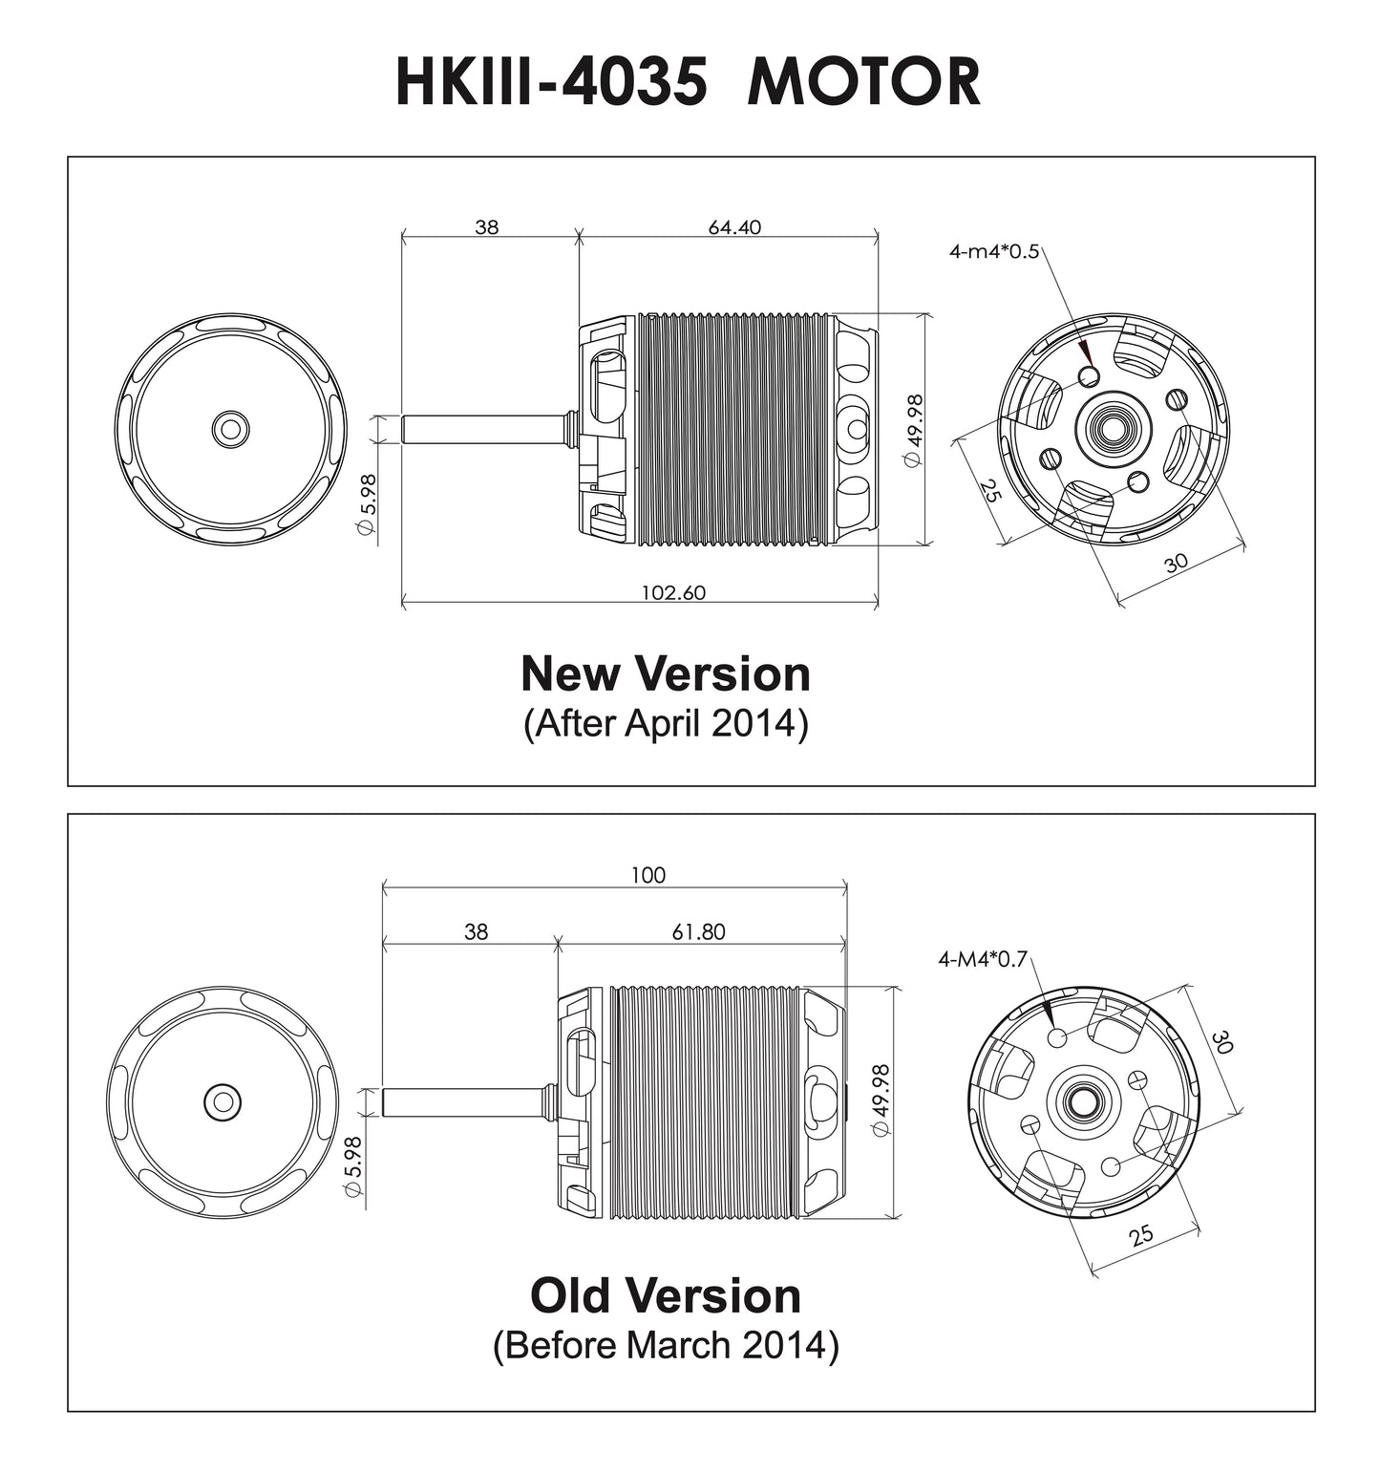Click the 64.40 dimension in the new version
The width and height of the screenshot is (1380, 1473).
click(733, 227)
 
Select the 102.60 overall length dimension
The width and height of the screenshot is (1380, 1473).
click(672, 592)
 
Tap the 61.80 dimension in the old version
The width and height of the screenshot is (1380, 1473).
click(698, 932)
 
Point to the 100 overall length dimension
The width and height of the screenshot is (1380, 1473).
click(648, 875)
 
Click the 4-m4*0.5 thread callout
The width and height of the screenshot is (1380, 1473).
click(993, 252)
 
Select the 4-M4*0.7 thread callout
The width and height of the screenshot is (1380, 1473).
click(982, 959)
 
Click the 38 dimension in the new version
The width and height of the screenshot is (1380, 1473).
click(486, 227)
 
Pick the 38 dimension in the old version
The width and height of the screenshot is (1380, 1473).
click(476, 932)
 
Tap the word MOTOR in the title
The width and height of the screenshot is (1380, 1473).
click(863, 82)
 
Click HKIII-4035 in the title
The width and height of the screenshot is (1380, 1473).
click(551, 82)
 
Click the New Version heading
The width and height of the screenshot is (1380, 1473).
click(666, 673)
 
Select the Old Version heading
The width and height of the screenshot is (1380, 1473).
click(666, 1296)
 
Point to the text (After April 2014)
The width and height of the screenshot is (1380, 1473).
click(666, 723)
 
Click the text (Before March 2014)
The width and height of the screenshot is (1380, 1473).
click(666, 1345)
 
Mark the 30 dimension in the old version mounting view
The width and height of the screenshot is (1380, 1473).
click(1221, 1041)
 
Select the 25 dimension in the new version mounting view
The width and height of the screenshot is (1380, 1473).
click(989, 491)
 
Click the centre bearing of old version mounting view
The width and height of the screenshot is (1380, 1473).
click(1084, 1100)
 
